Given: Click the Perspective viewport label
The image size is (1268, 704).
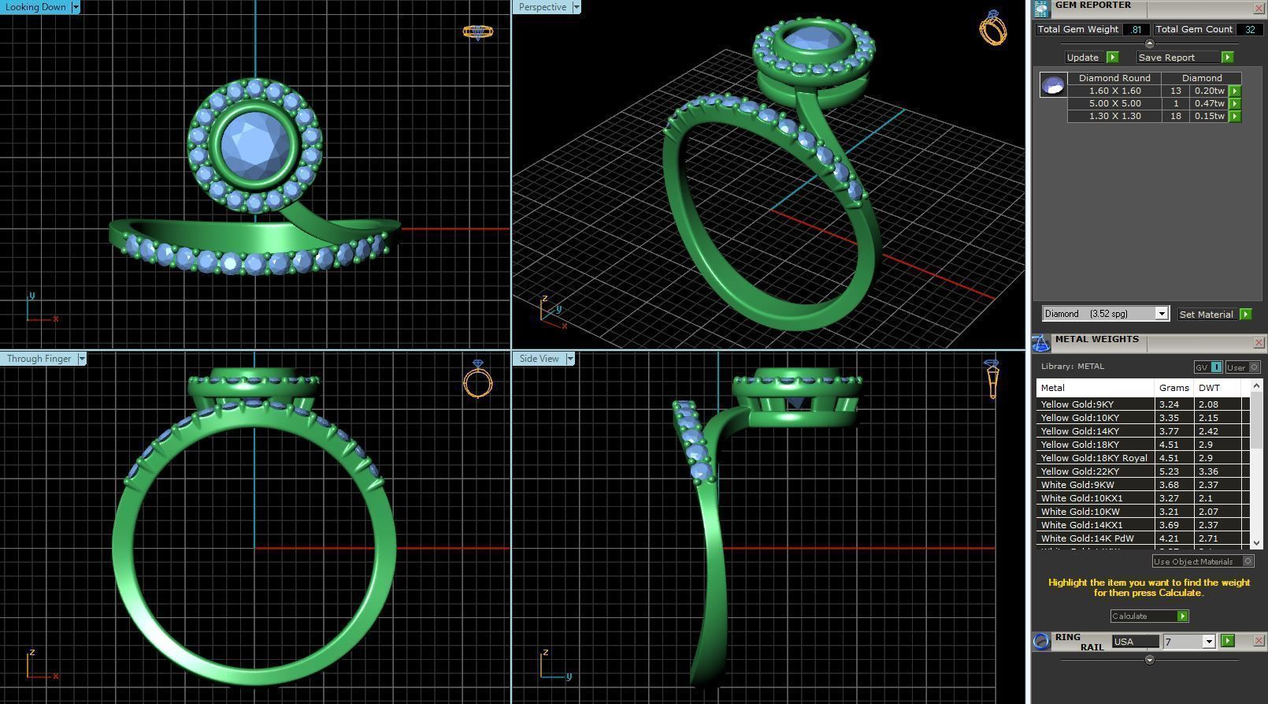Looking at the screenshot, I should point(542,7).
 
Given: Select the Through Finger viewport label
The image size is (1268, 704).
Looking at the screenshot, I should point(39,359).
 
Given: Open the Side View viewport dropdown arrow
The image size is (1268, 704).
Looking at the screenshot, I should point(570,359).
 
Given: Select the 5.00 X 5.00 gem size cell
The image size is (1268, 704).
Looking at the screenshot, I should point(1114,103).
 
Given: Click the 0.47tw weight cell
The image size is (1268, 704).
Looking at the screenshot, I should point(1209,103).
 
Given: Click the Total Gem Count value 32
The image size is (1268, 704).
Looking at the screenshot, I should point(1249,29).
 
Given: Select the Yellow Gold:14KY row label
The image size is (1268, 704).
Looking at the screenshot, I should point(1077,431).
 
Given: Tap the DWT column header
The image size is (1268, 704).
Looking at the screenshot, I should point(1209,388).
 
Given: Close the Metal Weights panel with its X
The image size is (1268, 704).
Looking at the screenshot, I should point(1259,342).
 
